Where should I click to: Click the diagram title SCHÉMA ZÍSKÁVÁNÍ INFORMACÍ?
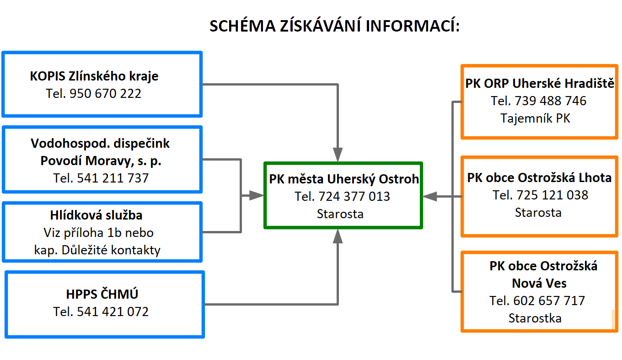coord(335,26)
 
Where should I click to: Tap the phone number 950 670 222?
coord(105,94)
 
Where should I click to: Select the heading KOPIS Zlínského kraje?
coord(94,76)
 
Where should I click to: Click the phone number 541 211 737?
coord(113,178)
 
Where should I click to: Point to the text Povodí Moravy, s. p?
coord(101,161)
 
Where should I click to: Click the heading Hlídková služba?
coord(96,215)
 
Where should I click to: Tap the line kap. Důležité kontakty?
coord(97,250)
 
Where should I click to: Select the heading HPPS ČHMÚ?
coord(102,294)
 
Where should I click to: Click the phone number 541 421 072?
coord(113,312)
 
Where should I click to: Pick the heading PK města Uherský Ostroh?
coord(344,179)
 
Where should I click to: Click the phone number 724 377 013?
coord(354,196)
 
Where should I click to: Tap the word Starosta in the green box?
coord(340,214)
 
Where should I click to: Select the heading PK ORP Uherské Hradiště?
coord(540,83)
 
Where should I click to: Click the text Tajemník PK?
coord(535,118)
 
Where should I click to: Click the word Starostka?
coord(535,318)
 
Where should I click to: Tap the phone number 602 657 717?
coord(549,301)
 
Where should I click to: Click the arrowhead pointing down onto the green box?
coord(338,155)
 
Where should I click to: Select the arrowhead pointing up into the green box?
coord(338,236)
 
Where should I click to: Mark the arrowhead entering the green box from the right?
coord(429,196)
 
